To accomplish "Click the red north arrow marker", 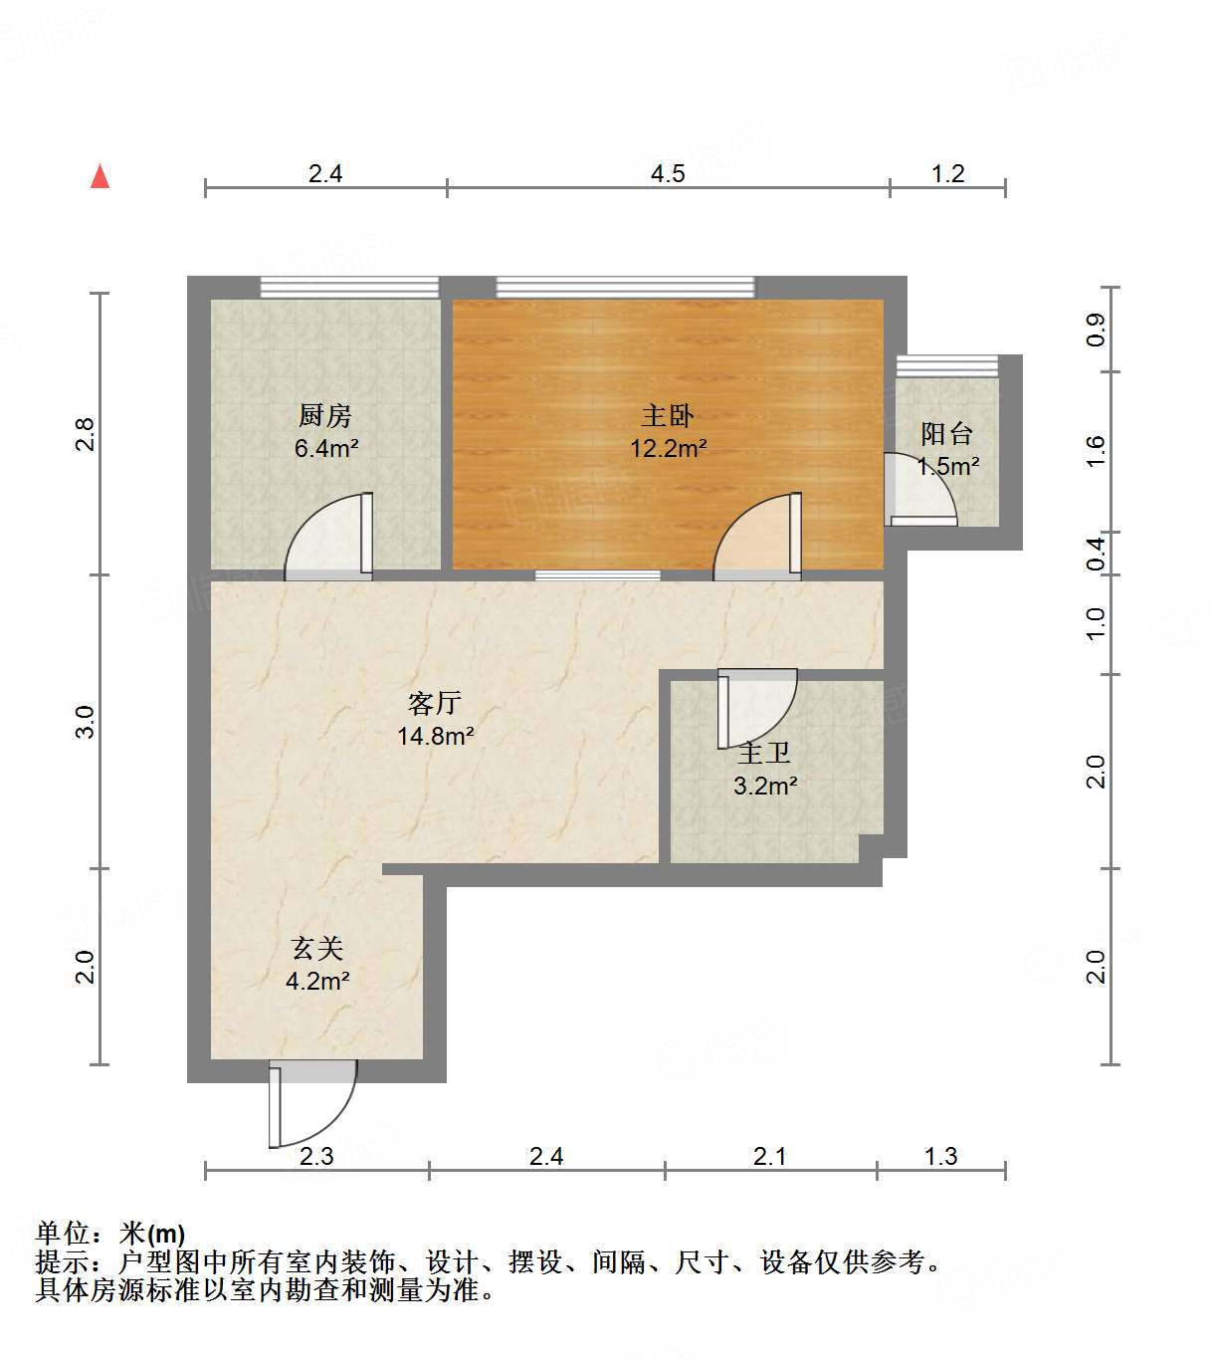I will pyautogui.click(x=101, y=176).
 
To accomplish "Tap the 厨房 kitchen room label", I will pyautogui.click(x=325, y=415).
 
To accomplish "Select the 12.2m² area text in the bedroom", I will pyautogui.click(x=668, y=448).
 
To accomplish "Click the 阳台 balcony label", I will pyautogui.click(x=946, y=434).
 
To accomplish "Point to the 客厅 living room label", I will pyautogui.click(x=435, y=704).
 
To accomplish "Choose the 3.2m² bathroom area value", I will pyautogui.click(x=765, y=786).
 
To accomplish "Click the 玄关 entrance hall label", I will pyautogui.click(x=317, y=949).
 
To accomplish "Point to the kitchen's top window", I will pyautogui.click(x=349, y=288).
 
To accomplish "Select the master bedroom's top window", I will pyautogui.click(x=625, y=288).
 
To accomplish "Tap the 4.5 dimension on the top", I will pyautogui.click(x=668, y=174).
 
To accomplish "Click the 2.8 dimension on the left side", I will pyautogui.click(x=86, y=434).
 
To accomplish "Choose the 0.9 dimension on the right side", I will pyautogui.click(x=1096, y=329).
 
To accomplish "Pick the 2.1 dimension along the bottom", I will pyautogui.click(x=769, y=1156).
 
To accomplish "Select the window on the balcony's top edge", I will pyautogui.click(x=946, y=365).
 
